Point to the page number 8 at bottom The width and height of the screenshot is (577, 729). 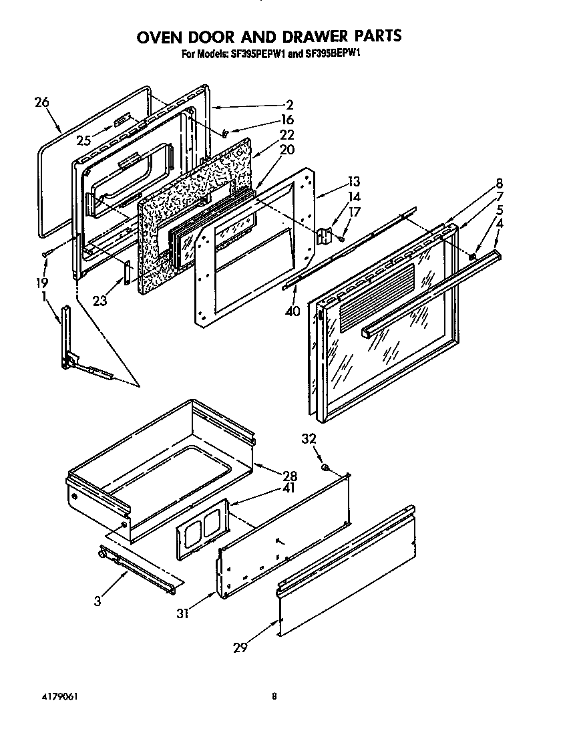(x=274, y=696)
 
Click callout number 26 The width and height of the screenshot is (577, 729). (x=41, y=102)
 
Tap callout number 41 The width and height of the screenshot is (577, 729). (x=289, y=488)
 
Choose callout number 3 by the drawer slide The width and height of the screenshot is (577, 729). (x=98, y=601)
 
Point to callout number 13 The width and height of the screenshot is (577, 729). (x=353, y=182)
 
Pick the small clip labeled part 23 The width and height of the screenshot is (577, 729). (x=125, y=272)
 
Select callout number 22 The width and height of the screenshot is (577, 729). (x=286, y=135)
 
